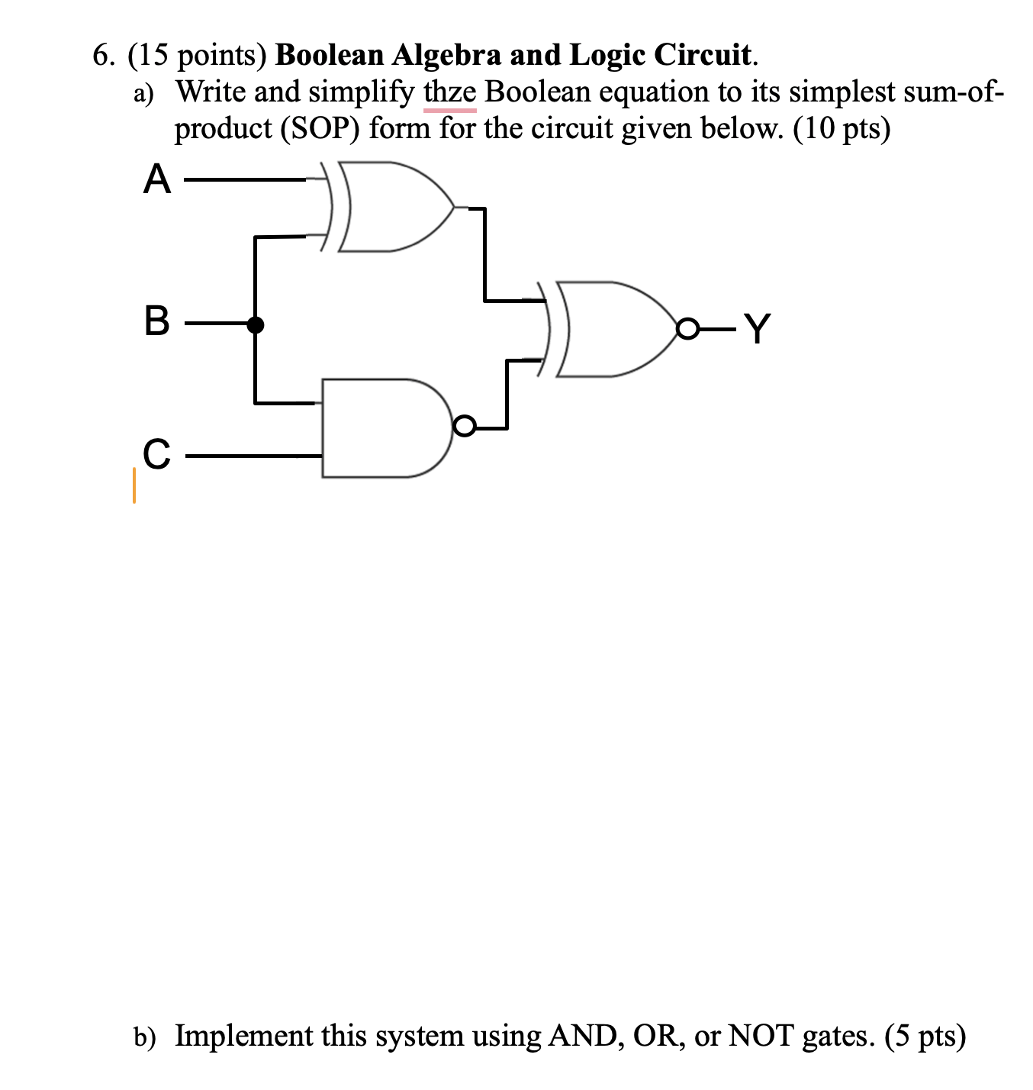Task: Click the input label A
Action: click(156, 181)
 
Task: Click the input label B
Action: click(156, 324)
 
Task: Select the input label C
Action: click(156, 455)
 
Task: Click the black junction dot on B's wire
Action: click(256, 325)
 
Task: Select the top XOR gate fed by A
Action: click(389, 206)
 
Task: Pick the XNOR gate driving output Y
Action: click(610, 328)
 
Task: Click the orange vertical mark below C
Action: click(134, 485)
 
